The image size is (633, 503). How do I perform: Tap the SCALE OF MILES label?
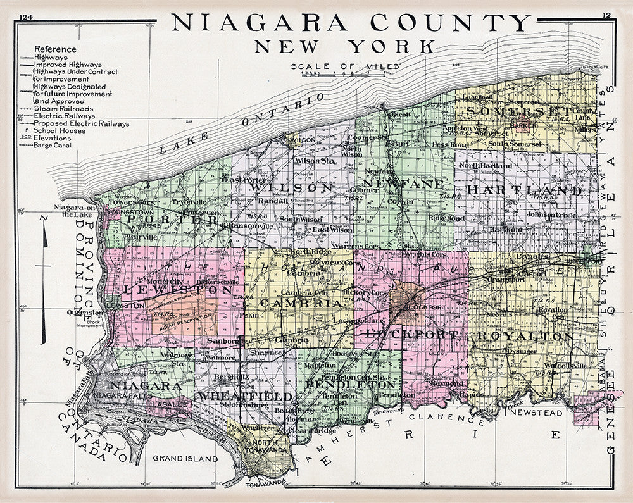coord(345,66)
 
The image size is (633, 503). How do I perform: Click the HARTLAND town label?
coord(524,190)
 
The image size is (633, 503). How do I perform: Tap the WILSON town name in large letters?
coord(292,188)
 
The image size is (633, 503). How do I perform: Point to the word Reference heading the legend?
coord(55,49)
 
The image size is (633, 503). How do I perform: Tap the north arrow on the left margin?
coord(43,278)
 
